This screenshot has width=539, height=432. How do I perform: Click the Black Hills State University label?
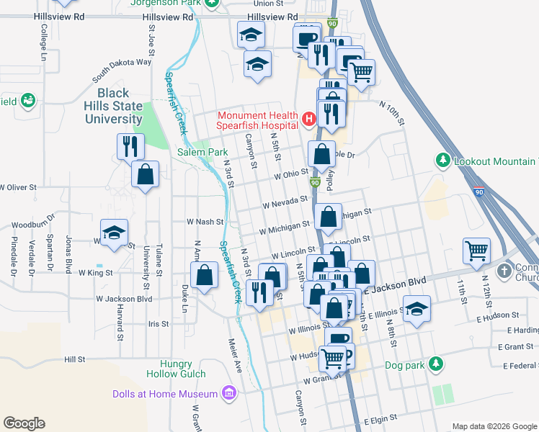tap(114, 106)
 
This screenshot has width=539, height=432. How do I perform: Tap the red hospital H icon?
tap(309, 118)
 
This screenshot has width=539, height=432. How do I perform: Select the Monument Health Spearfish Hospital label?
tap(258, 120)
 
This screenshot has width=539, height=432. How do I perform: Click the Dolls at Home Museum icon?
tap(229, 393)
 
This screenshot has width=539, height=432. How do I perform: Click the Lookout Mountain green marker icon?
tap(444, 161)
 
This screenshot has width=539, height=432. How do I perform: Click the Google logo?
tap(23, 423)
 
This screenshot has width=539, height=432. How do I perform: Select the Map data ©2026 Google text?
tap(494, 426)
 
